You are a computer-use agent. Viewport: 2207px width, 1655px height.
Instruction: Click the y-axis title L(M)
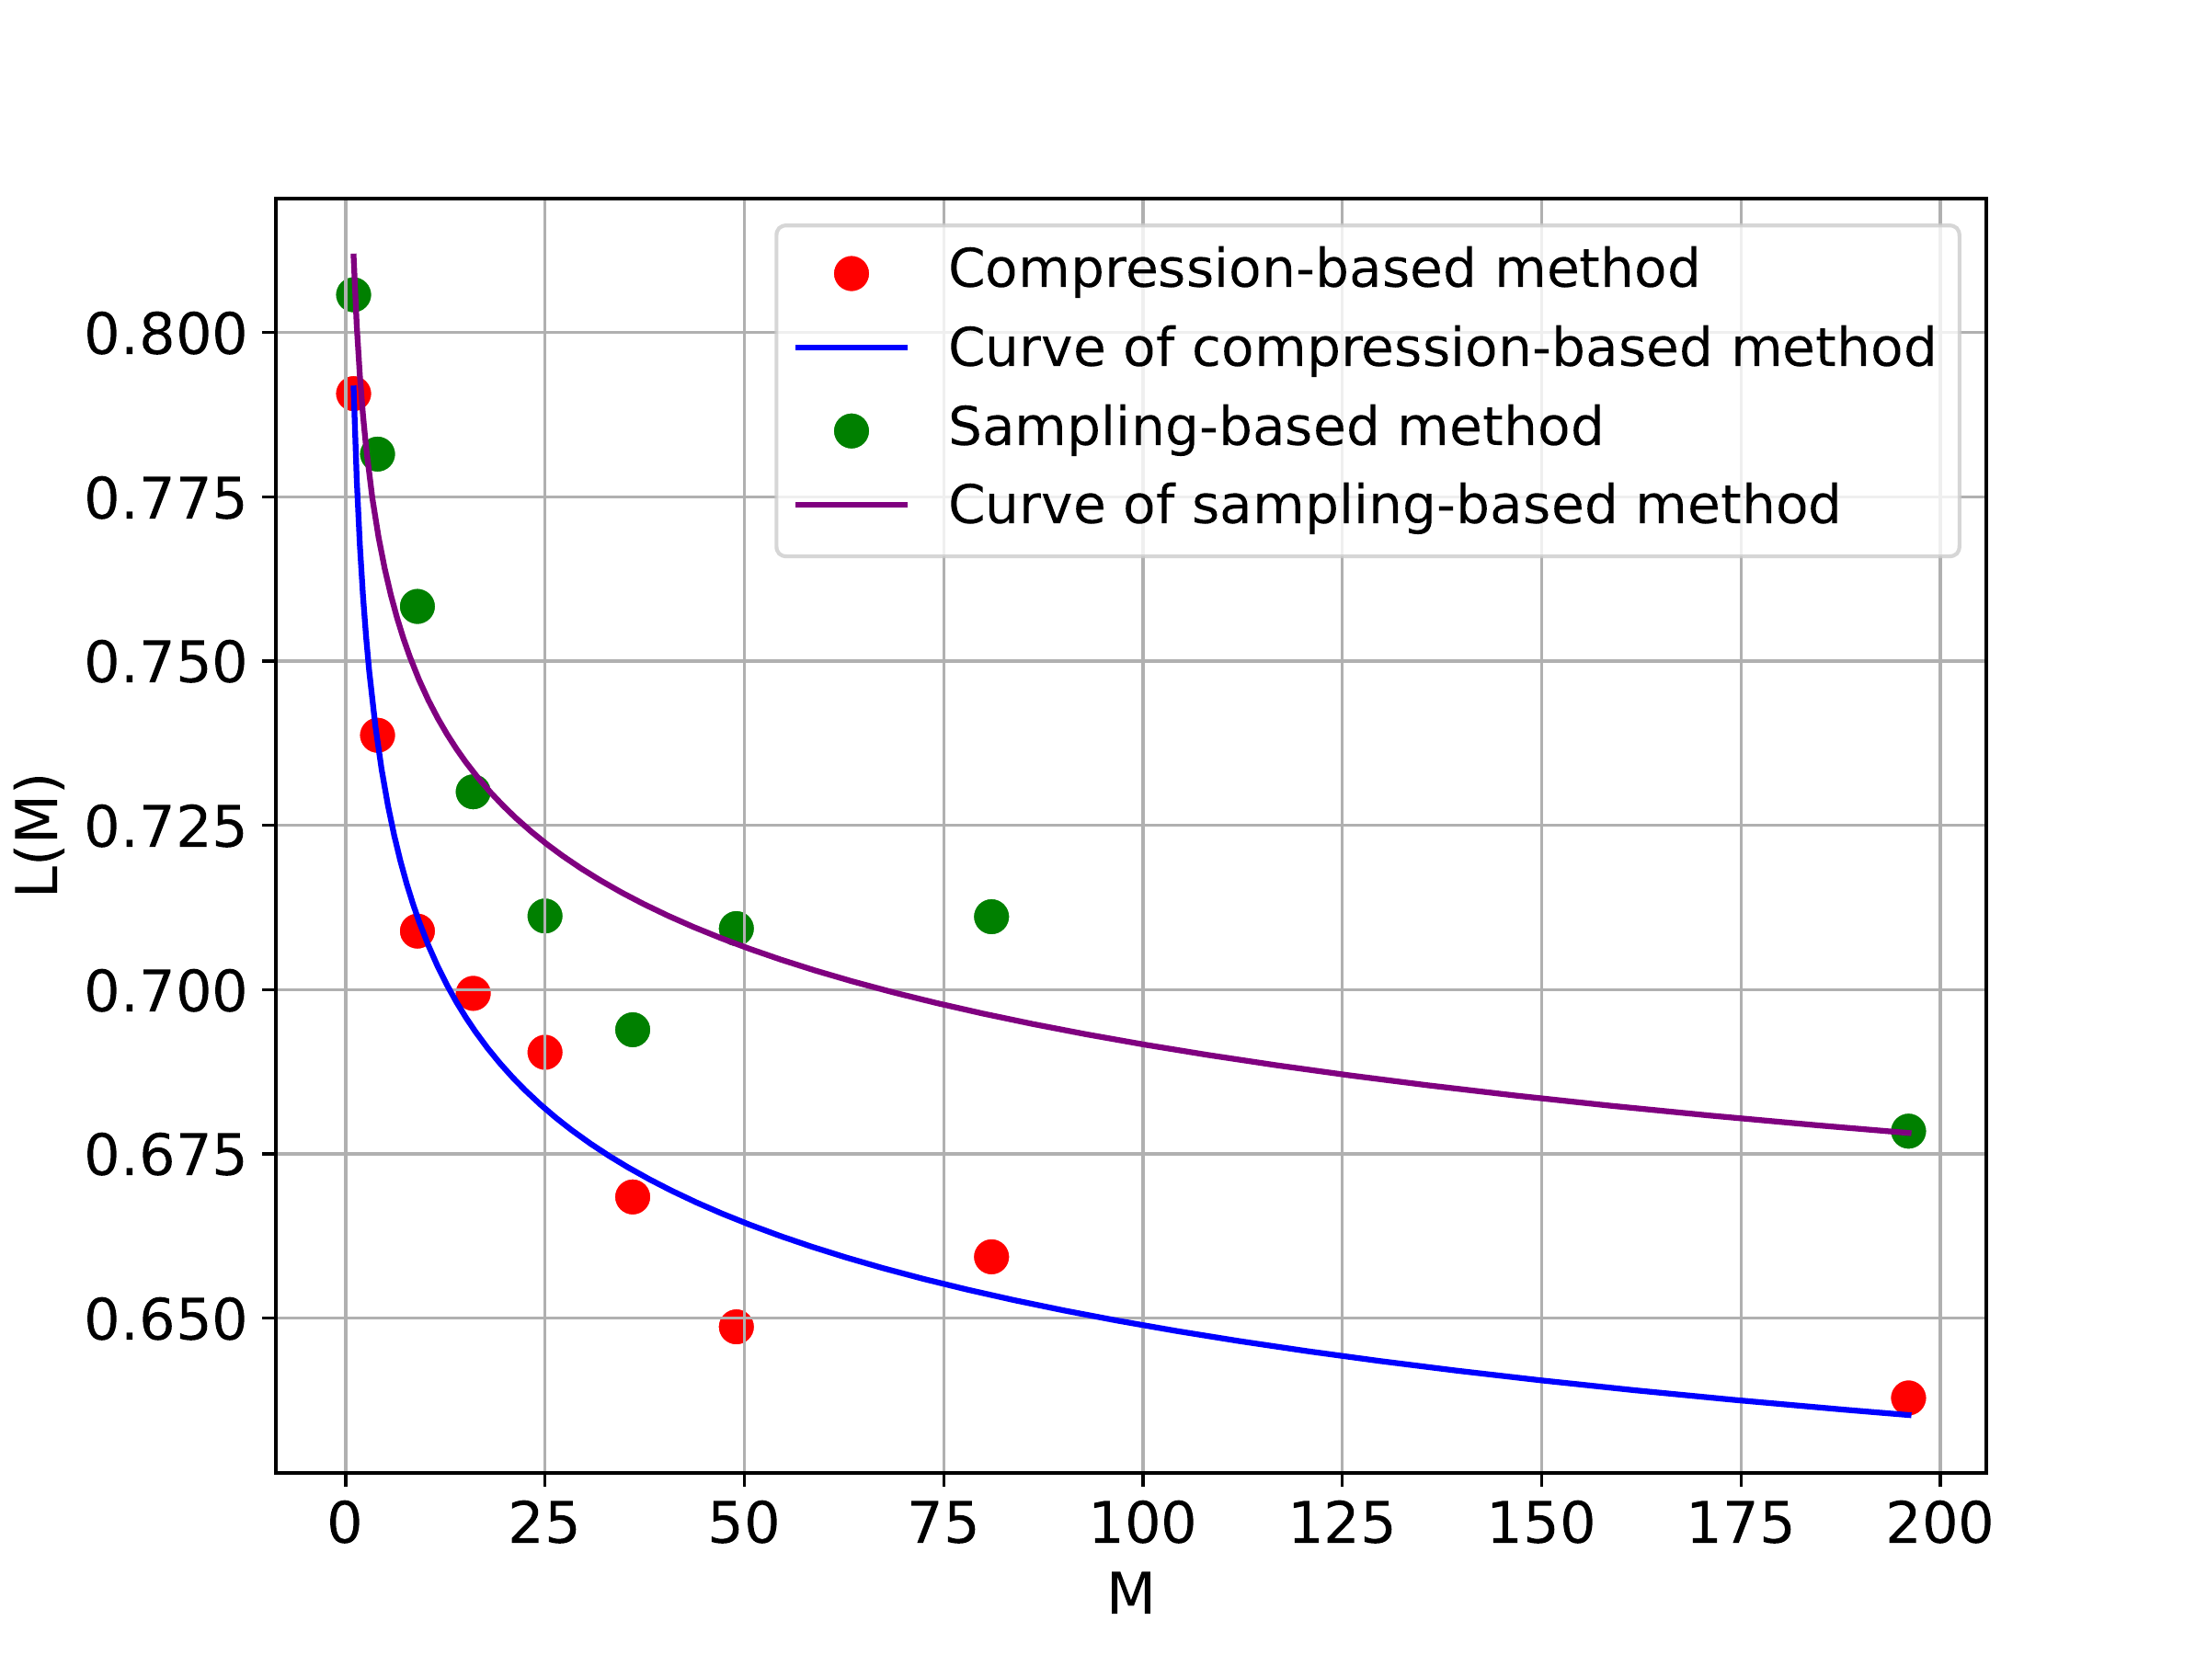click(40, 835)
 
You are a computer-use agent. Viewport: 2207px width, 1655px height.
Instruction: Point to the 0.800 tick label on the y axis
click(165, 334)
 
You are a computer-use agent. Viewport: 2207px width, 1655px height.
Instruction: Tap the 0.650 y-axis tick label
click(165, 1319)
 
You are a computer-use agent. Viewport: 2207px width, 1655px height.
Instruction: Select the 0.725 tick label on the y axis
click(165, 827)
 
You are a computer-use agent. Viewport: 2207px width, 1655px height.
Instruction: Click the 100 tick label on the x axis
click(1142, 1524)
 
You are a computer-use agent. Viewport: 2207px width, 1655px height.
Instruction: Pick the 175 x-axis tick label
click(1740, 1524)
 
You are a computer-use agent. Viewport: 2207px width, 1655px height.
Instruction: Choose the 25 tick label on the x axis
click(543, 1524)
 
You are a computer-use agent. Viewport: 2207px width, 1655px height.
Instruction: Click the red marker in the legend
click(851, 272)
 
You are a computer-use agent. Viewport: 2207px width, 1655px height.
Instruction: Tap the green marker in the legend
click(851, 431)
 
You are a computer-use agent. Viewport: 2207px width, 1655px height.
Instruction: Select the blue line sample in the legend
click(851, 348)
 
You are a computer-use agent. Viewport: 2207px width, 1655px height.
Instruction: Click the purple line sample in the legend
click(851, 505)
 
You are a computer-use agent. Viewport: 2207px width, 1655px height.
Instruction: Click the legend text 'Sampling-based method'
click(1275, 427)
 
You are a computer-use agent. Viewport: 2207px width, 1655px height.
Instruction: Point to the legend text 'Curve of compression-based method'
click(1442, 348)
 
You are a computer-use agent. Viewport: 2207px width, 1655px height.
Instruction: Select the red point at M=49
click(737, 1327)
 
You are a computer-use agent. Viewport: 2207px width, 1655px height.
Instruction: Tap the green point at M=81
click(990, 916)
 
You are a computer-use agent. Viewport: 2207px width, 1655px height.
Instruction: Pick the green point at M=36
click(633, 1030)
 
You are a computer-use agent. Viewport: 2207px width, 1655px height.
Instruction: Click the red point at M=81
click(990, 1256)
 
